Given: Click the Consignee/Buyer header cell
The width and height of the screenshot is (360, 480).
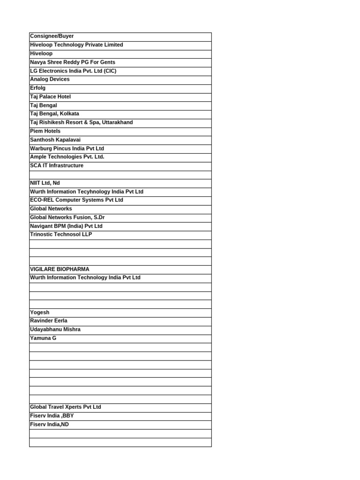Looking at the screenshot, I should pyautogui.click(x=52, y=36).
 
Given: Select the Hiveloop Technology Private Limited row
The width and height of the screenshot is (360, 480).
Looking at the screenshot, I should pyautogui.click(x=76, y=45).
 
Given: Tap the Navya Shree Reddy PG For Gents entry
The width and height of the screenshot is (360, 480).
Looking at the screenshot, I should pyautogui.click(x=73, y=62).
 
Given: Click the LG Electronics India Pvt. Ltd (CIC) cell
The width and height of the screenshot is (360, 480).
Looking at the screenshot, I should pyautogui.click(x=73, y=71).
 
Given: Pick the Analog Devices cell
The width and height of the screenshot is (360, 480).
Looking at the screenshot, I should pyautogui.click(x=50, y=79).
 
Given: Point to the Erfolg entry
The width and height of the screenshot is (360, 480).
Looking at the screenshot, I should pyautogui.click(x=38, y=88).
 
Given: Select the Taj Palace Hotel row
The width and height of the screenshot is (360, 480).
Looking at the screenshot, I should pyautogui.click(x=51, y=97).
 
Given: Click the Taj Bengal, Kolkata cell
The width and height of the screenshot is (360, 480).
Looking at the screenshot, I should pyautogui.click(x=54, y=114).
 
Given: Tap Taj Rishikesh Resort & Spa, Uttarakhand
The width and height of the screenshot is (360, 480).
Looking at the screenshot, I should pyautogui.click(x=82, y=122).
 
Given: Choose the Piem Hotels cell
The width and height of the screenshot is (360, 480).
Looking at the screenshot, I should pyautogui.click(x=45, y=131).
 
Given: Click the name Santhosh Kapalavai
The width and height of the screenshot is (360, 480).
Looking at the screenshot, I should pyautogui.click(x=55, y=140).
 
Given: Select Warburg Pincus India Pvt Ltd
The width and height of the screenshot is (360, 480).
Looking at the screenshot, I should pyautogui.click(x=67, y=149).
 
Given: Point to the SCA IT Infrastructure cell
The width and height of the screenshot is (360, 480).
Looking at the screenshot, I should pyautogui.click(x=57, y=165).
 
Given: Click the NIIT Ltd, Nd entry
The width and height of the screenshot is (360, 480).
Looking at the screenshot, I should pyautogui.click(x=45, y=183).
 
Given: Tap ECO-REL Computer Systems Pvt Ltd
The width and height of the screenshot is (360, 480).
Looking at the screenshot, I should pyautogui.click(x=76, y=200).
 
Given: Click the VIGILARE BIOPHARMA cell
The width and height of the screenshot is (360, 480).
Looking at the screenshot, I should pyautogui.click(x=60, y=270).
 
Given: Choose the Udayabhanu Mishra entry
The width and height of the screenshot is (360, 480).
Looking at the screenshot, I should pyautogui.click(x=55, y=330).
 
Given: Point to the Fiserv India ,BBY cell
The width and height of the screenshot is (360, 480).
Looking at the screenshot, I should pyautogui.click(x=52, y=416).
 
